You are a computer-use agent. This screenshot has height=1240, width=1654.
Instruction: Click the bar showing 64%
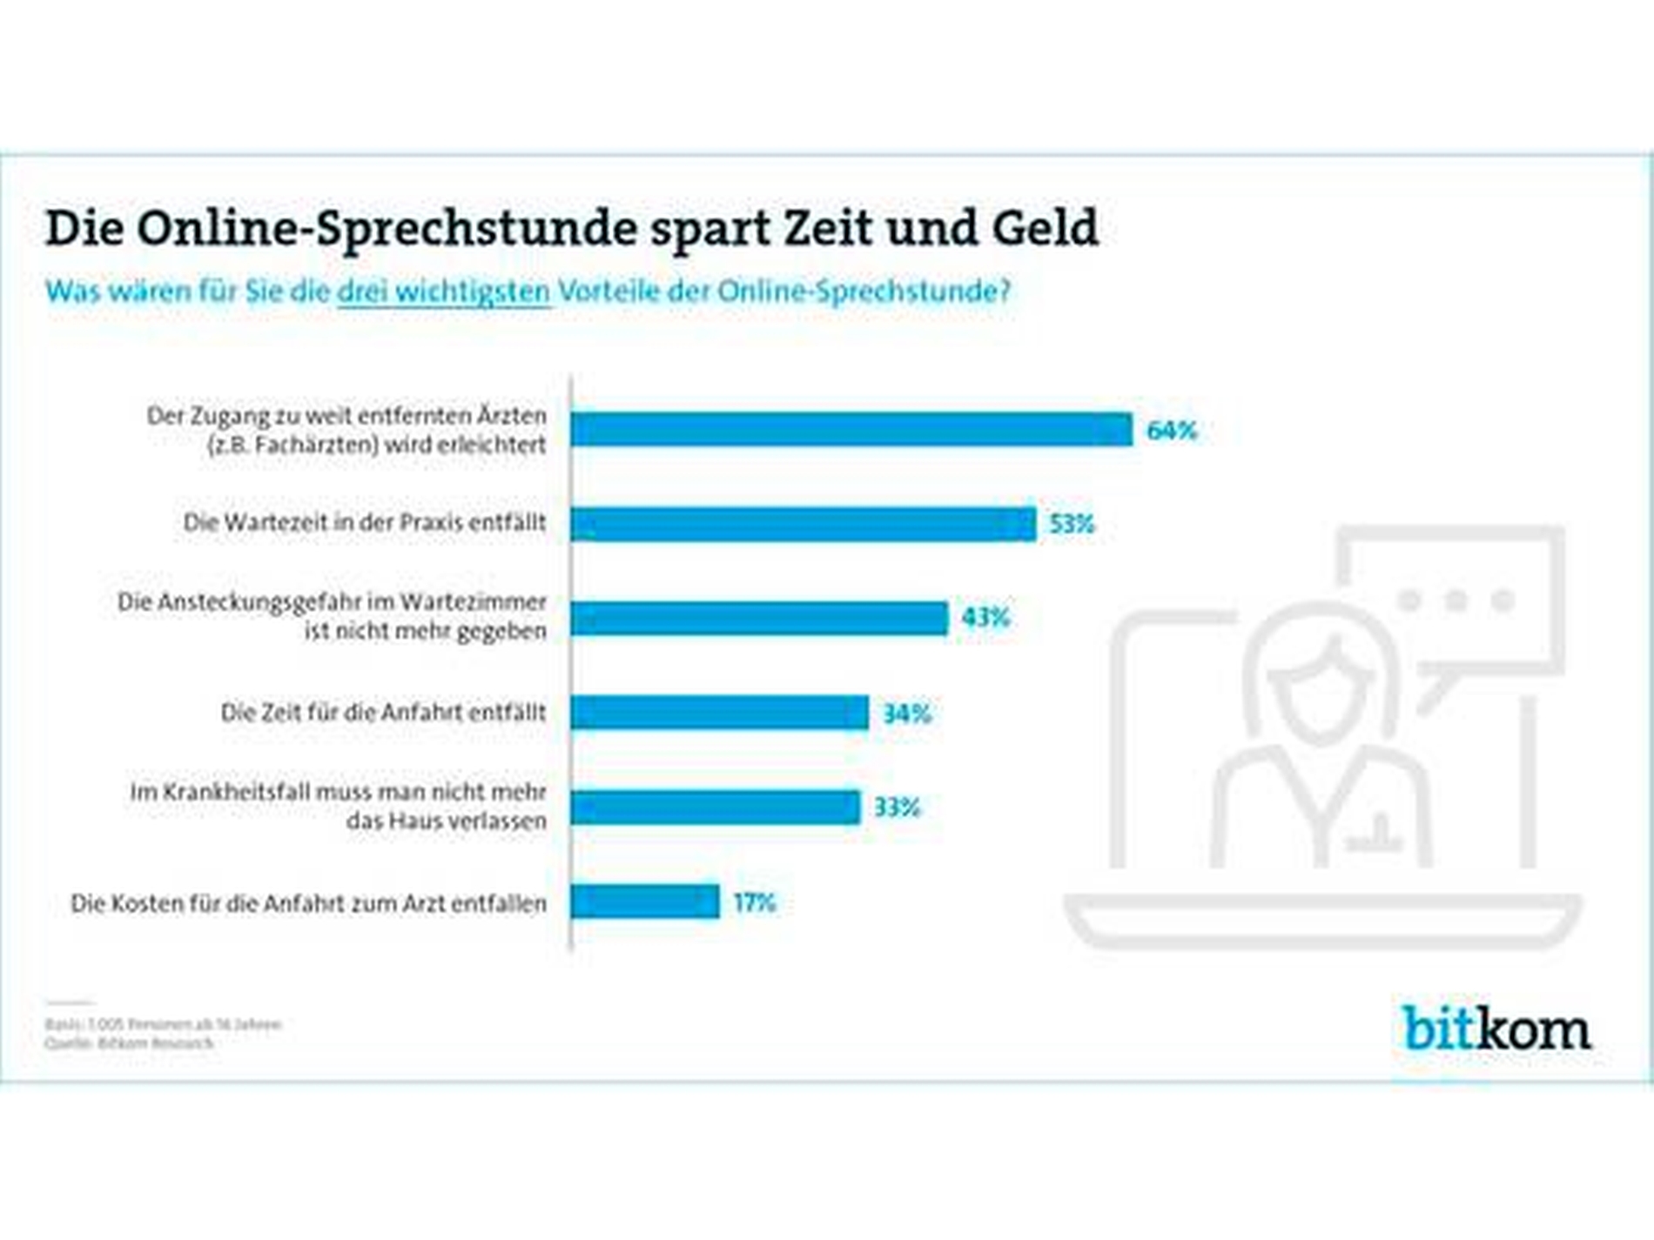[851, 430]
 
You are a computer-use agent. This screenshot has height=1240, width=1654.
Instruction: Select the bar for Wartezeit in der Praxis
[803, 524]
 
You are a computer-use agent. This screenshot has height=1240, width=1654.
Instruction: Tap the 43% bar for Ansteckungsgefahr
[759, 618]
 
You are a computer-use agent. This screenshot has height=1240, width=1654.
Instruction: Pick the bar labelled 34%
[719, 713]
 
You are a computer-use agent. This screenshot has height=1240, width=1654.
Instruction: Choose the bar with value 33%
[715, 808]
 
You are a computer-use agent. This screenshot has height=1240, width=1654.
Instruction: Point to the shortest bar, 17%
[645, 902]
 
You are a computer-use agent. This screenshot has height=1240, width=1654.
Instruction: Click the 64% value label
[1172, 431]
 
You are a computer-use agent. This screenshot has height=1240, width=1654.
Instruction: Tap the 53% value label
[1071, 525]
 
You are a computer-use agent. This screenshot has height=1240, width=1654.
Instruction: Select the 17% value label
[754, 903]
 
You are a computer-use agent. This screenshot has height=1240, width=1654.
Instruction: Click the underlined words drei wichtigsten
[443, 292]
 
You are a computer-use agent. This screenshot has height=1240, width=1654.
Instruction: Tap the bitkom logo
[1496, 1029]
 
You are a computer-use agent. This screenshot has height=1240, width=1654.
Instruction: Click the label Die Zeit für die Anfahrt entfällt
[383, 713]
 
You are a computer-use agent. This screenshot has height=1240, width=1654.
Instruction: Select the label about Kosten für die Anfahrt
[308, 903]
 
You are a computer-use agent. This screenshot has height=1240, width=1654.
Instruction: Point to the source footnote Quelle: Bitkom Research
[129, 1043]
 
